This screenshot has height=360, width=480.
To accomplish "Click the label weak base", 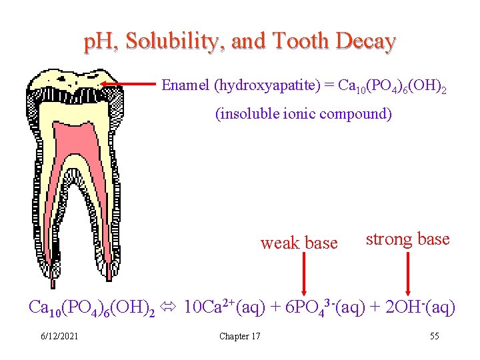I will pos(299,243).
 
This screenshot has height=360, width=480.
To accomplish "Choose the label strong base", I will pos(407,239).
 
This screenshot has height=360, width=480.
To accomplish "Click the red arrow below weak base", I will pos(305,273).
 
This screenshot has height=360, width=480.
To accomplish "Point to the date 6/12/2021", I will pos(59,336).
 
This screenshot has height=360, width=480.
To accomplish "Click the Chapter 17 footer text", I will pos(240,336).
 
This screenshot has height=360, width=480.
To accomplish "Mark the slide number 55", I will pos(434,336).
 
